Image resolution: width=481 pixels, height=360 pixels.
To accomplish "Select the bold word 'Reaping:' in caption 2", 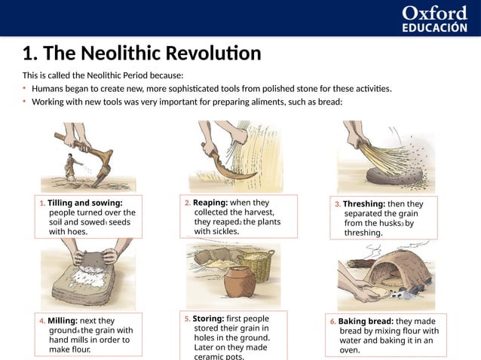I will pos(210,203).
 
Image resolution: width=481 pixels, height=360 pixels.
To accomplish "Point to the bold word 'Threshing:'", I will pos(364,204).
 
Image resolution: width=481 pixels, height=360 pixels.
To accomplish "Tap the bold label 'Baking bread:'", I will pos(366,322).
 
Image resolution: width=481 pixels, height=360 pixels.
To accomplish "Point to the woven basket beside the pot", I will pos(261,266).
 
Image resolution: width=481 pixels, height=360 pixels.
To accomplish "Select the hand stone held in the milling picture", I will pos(93,260).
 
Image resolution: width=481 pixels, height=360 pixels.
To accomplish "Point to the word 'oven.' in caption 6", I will pos(350,350).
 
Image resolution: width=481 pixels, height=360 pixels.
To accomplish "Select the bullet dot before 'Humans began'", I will pos(24,88).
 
